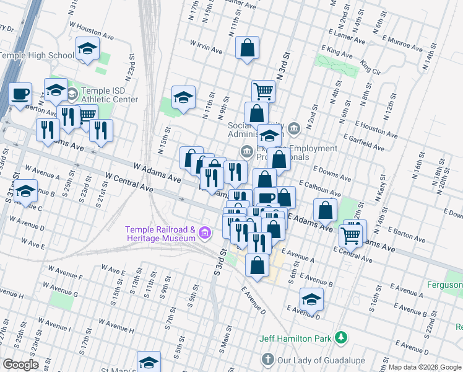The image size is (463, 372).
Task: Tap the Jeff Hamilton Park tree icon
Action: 340,338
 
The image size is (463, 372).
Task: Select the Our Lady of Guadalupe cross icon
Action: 267,359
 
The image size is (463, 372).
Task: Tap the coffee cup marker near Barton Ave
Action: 20,94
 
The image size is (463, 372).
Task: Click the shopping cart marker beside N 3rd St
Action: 263,91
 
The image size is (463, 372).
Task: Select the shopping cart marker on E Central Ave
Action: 351,235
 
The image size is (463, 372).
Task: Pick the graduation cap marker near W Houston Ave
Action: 88,48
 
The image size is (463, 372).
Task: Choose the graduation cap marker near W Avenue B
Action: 25,192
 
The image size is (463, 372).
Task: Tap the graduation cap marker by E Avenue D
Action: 311,299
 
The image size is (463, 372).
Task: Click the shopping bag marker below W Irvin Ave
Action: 247,47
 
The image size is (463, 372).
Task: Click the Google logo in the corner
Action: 20,365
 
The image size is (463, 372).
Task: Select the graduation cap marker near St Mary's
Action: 149,362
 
